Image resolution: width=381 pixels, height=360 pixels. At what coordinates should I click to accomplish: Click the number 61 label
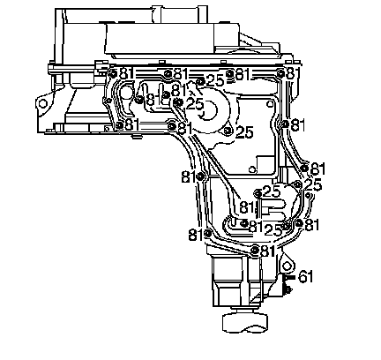pos(305,277)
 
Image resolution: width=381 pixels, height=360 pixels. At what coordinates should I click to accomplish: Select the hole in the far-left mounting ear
pos(43,103)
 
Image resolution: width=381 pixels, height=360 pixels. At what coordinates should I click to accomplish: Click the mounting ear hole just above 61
pos(287,266)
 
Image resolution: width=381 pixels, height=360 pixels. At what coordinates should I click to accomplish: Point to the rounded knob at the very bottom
pos(245,323)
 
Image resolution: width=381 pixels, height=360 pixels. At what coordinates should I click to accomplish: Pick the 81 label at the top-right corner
pos(294,73)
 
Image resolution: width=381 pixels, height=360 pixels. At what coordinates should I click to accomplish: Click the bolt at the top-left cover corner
pos(112,72)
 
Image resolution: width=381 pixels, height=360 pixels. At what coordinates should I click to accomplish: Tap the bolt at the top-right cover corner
pos(280,73)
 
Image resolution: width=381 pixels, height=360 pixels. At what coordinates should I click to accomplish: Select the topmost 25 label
pos(215,80)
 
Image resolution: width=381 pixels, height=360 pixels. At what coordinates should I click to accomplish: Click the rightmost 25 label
pos(312,184)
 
